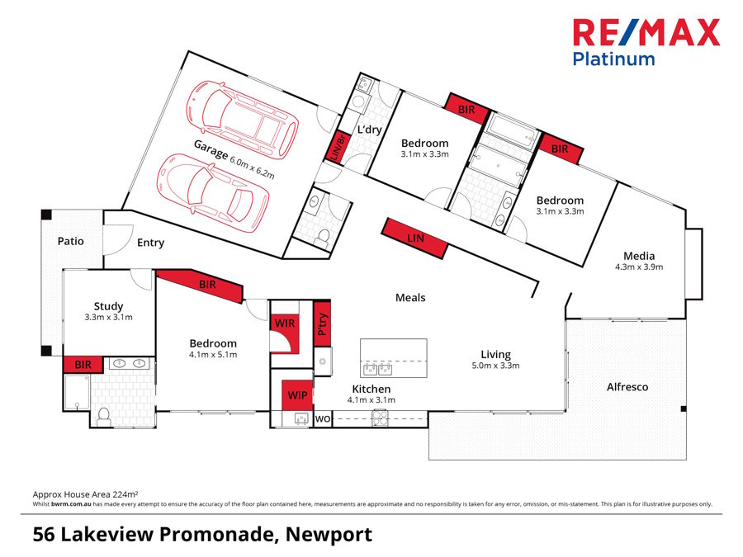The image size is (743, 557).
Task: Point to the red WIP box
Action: pos(297,395)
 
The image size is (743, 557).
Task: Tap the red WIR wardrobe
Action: pos(285,323)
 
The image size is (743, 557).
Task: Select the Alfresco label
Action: pos(627,386)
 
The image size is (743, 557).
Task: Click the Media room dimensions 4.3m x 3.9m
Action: pos(639,267)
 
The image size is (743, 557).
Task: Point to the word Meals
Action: pos(410,297)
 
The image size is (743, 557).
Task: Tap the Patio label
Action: pos(70,242)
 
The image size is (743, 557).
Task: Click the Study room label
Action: pos(108,306)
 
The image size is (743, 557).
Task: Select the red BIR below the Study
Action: pos(83,364)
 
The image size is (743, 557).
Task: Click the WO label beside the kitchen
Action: pos(323,419)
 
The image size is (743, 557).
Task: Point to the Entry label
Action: pos(150,243)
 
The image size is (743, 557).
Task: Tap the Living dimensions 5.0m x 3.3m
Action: pos(495,366)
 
